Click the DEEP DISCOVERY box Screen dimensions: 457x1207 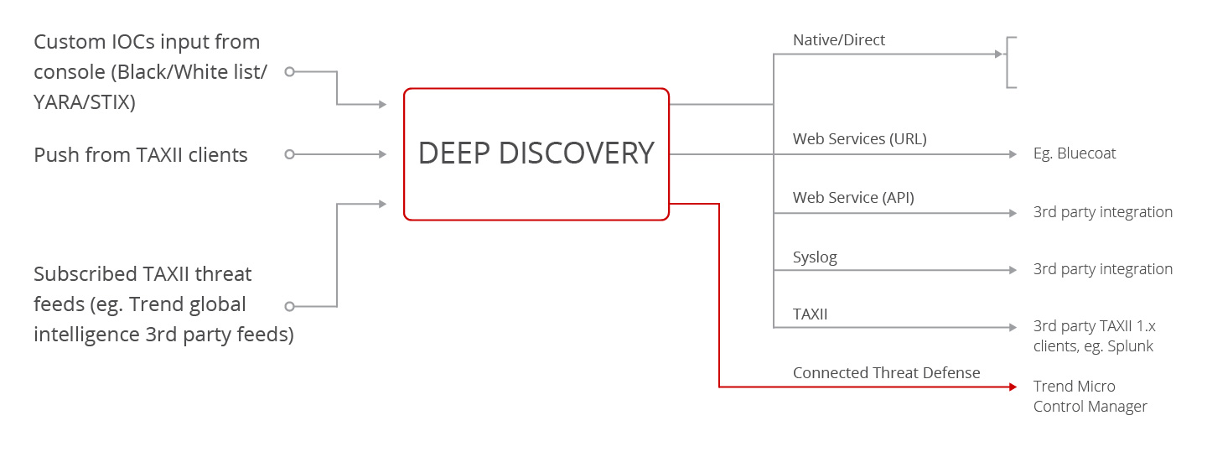536,153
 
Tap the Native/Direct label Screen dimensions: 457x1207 839,40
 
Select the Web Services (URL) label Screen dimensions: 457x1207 859,139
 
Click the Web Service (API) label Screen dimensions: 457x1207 853,198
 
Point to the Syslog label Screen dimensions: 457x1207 815,257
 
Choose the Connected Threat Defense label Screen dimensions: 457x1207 886,372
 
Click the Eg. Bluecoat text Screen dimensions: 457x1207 1075,154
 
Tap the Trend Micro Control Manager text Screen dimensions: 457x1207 1090,397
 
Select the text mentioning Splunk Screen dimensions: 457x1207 1094,336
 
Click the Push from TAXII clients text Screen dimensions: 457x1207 141,155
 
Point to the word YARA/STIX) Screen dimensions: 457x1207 84,102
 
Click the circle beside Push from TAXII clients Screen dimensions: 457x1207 289,154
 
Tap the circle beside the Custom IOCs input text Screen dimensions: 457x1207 289,71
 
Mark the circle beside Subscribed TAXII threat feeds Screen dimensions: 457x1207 289,306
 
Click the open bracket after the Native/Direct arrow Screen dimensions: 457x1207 1011,62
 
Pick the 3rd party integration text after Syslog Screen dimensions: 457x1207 1102,269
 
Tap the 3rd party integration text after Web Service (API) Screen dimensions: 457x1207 1102,212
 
